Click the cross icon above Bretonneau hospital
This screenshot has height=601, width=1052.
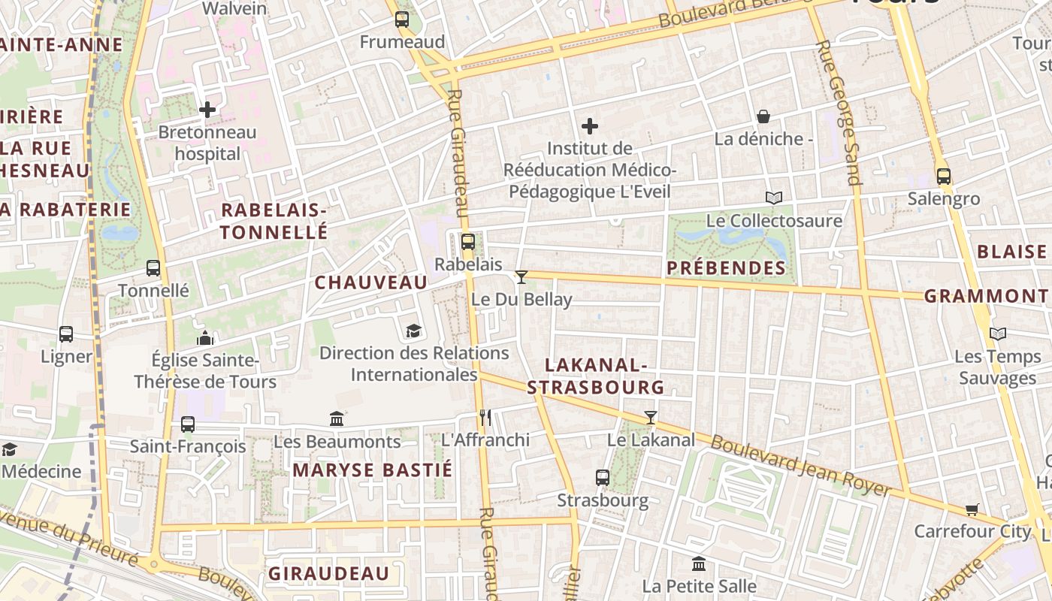click(x=207, y=110)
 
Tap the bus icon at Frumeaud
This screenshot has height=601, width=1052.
click(x=402, y=20)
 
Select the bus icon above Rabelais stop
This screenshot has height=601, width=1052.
click(x=467, y=242)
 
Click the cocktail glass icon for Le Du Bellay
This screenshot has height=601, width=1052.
click(x=521, y=277)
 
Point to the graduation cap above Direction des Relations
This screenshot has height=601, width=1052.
click(x=413, y=331)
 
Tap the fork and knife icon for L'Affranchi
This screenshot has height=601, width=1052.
click(x=485, y=418)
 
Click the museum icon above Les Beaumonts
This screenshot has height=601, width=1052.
click(x=337, y=418)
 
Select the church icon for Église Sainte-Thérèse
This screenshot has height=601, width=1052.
click(x=204, y=338)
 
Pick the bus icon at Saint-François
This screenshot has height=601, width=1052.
click(x=188, y=424)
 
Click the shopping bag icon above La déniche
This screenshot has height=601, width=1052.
click(x=763, y=116)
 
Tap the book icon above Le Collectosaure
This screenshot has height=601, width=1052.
click(x=774, y=198)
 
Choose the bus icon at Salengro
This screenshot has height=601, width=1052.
click(x=944, y=177)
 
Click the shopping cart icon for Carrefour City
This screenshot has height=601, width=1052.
click(x=972, y=509)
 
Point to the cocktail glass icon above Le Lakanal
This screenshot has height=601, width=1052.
click(x=651, y=418)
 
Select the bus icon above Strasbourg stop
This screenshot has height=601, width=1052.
click(x=602, y=477)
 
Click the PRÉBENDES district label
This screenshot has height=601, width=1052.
click(x=726, y=268)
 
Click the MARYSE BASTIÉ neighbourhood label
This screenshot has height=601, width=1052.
click(x=373, y=470)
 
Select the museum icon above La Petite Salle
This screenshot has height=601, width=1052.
click(x=699, y=563)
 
